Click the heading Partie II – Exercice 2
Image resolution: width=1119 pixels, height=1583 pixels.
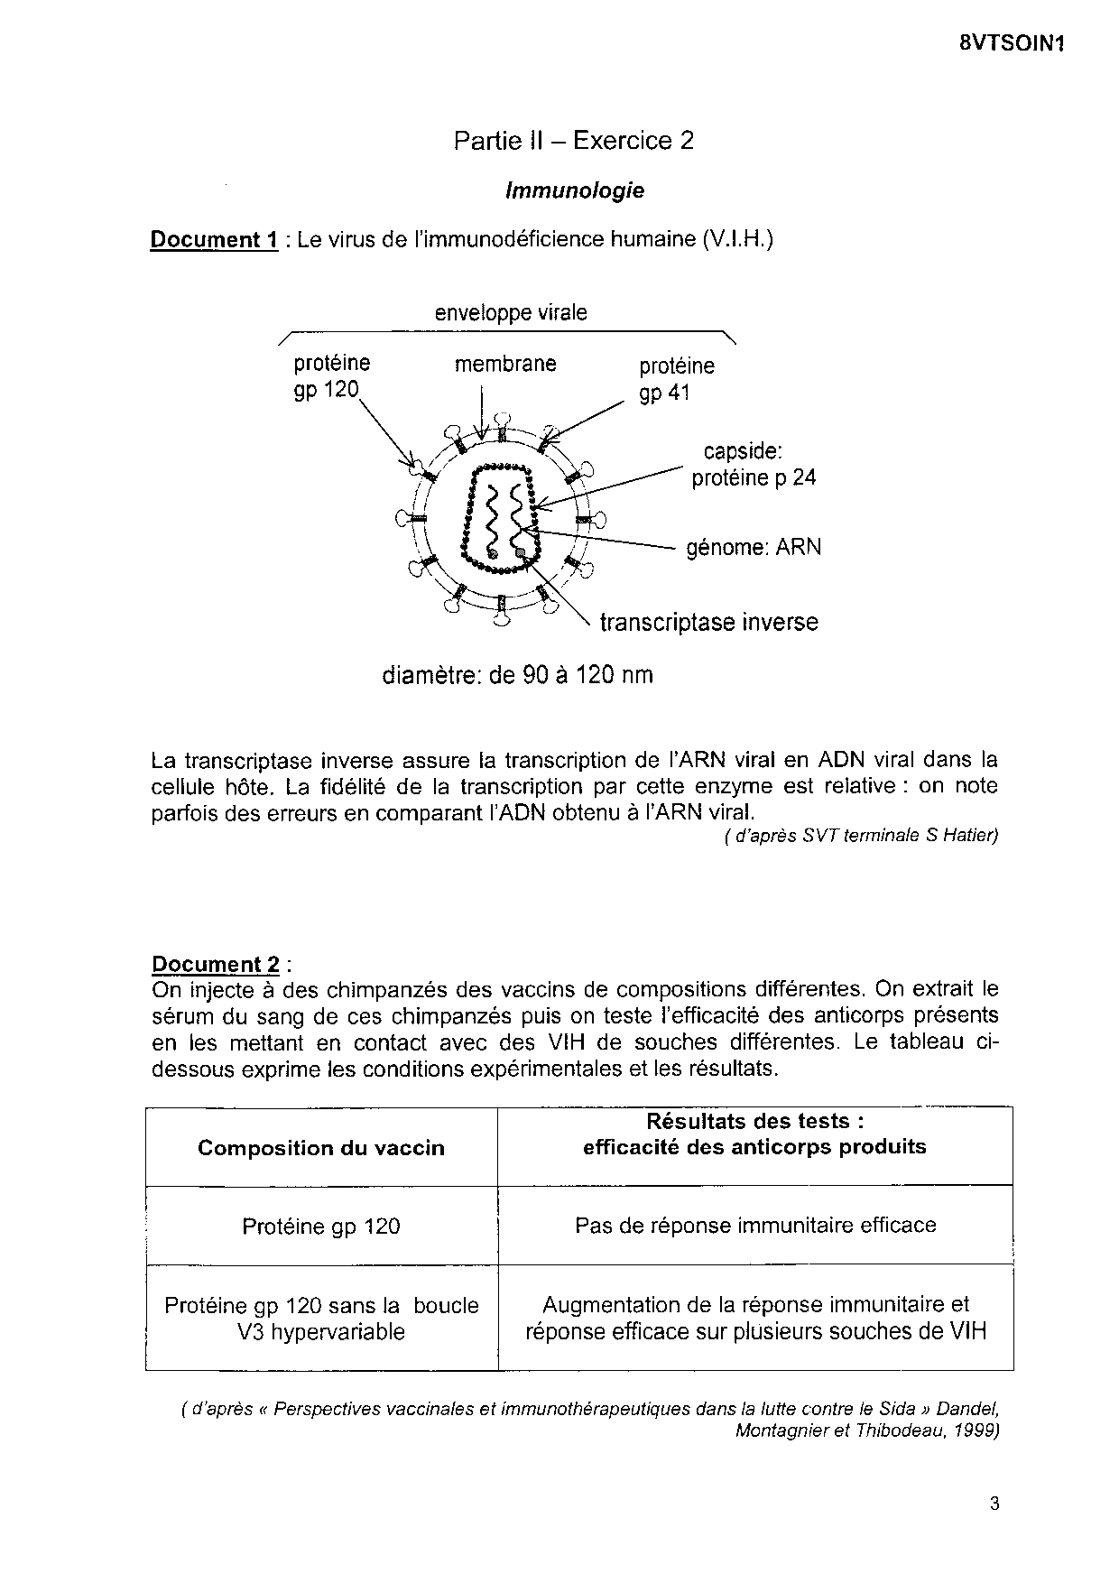[x=574, y=141]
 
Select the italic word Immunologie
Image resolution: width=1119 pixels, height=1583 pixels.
[x=575, y=190]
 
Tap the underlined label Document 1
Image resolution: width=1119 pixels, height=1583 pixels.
[x=214, y=240]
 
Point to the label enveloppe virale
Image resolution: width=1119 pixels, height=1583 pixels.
[x=511, y=312]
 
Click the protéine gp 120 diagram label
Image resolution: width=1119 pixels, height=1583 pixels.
[x=331, y=376]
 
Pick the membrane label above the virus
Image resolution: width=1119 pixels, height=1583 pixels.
[x=505, y=364]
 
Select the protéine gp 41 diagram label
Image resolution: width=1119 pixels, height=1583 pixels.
[x=676, y=379]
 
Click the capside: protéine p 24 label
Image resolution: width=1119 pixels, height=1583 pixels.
[x=753, y=464]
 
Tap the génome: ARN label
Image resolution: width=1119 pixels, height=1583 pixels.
[x=754, y=547]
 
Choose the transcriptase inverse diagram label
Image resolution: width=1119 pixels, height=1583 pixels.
[x=709, y=623]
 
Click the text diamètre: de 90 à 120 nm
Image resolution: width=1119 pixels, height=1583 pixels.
[x=517, y=675]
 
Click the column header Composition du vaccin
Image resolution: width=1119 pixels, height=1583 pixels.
[x=321, y=1148]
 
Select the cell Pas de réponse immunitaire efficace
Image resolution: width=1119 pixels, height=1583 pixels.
[x=755, y=1226]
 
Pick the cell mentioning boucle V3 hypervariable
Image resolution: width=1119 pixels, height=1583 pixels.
[x=321, y=1319]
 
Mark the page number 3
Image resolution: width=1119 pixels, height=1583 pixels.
[x=994, y=1504]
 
